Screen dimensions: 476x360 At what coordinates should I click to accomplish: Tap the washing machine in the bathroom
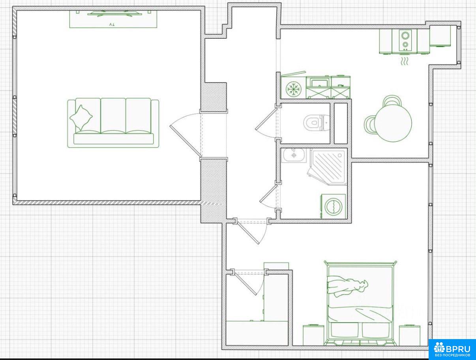pos(333,206)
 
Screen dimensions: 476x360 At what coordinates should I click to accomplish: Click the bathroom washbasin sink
pos(294,155)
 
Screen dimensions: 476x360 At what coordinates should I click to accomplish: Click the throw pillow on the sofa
pos(81,118)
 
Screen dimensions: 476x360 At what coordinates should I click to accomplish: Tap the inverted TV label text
pos(111,25)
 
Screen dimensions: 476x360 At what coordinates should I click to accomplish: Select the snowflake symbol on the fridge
pos(294,89)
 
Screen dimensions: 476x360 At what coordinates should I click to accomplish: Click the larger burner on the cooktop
pos(405,35)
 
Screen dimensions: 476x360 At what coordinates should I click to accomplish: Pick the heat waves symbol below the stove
pos(404,61)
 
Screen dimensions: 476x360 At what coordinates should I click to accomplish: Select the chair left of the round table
pos(369,124)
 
